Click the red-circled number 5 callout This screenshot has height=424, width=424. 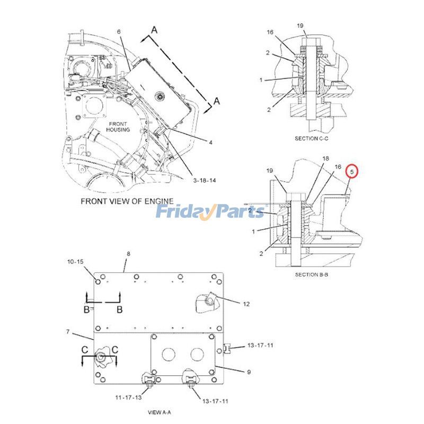(352, 172)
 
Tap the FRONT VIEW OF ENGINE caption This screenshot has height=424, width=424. (127, 201)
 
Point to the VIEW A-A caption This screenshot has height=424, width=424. (160, 411)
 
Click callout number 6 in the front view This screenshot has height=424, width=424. (119, 32)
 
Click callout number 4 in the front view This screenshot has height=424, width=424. (210, 142)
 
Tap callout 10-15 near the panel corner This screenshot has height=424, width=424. (75, 262)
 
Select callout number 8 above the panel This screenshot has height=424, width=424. (128, 254)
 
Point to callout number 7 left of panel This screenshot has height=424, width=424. (68, 332)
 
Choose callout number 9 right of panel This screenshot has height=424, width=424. (248, 372)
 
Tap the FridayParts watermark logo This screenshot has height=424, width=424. (210, 212)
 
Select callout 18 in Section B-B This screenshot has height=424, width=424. (326, 159)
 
